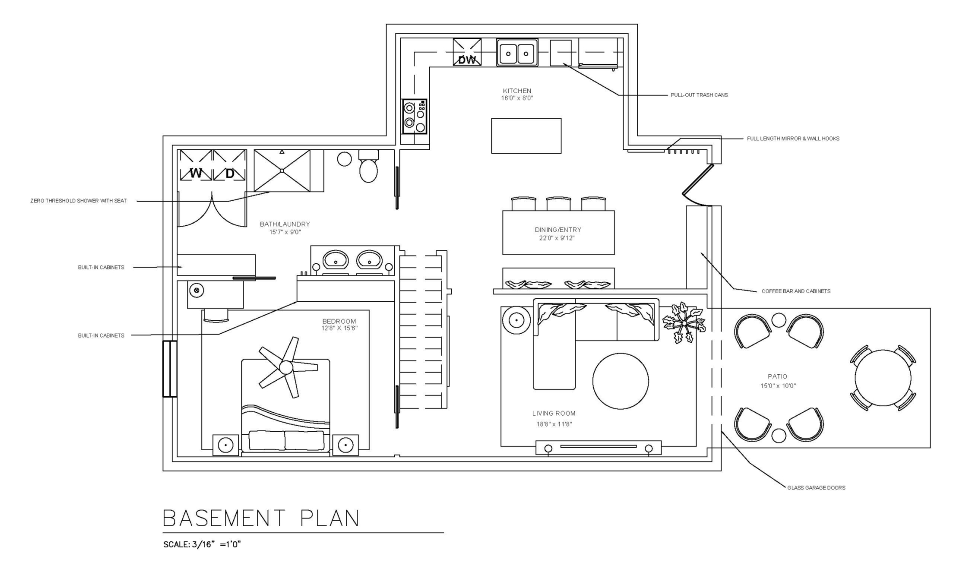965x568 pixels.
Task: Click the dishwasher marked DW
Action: [x=467, y=52]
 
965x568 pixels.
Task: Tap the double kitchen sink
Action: [x=517, y=53]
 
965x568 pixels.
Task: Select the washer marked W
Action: [x=196, y=165]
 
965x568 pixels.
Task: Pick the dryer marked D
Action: [x=229, y=165]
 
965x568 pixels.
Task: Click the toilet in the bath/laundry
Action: [x=368, y=166]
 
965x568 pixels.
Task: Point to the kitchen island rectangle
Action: [x=526, y=136]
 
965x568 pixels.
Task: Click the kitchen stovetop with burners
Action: [x=414, y=116]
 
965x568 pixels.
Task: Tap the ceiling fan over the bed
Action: [x=287, y=367]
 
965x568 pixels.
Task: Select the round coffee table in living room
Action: [x=620, y=381]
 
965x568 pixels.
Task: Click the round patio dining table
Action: [x=883, y=378]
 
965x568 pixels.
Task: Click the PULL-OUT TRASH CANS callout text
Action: [x=699, y=95]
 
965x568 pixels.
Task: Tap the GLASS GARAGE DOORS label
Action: [x=816, y=488]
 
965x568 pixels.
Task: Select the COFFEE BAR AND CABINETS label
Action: [x=796, y=291]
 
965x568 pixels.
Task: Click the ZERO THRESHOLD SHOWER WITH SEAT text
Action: [x=78, y=201]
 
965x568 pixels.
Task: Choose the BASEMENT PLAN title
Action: [x=261, y=518]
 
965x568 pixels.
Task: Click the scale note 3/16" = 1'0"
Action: [x=202, y=544]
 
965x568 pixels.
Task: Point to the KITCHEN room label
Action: [x=517, y=91]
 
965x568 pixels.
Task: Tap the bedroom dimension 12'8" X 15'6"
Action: [x=340, y=328]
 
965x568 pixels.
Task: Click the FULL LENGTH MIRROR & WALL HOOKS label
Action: [x=793, y=138]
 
